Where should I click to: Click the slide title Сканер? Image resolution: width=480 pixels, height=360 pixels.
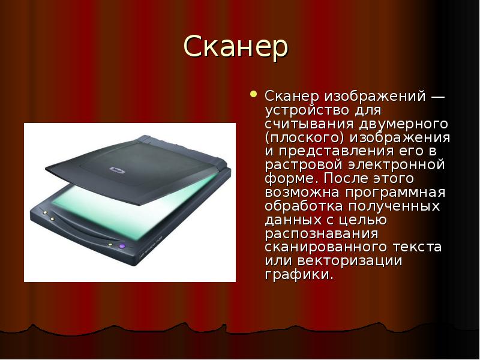(236, 47)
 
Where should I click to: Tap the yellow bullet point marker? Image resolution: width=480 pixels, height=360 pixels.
(253, 94)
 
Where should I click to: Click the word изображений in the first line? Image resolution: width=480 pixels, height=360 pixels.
(375, 97)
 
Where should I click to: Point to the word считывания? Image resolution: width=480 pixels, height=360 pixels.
(309, 124)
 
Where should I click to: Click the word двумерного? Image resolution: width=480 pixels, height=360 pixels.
(403, 124)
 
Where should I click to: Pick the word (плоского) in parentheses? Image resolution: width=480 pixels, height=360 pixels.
(305, 138)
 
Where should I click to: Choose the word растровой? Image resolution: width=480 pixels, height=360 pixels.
(304, 166)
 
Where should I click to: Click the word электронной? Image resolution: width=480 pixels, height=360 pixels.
(397, 164)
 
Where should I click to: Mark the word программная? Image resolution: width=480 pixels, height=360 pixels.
(395, 193)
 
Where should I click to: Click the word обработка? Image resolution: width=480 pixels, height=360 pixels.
(304, 206)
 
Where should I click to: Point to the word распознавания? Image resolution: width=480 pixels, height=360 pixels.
(322, 234)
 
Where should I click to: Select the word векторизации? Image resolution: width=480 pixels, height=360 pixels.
(350, 261)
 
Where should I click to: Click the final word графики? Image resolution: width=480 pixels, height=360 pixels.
(299, 275)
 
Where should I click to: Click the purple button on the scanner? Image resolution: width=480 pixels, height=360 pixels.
(122, 246)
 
